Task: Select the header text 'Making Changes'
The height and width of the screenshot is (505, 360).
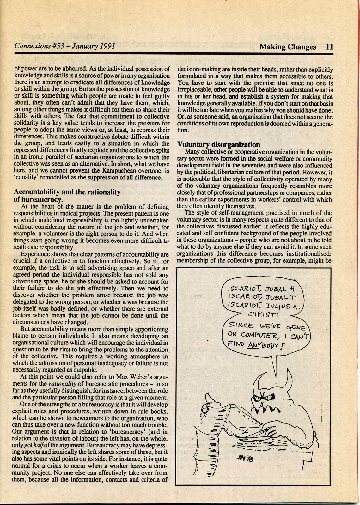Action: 288,47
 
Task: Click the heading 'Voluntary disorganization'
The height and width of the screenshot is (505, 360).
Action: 218,144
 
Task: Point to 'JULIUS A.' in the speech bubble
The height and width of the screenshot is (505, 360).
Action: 285,306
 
